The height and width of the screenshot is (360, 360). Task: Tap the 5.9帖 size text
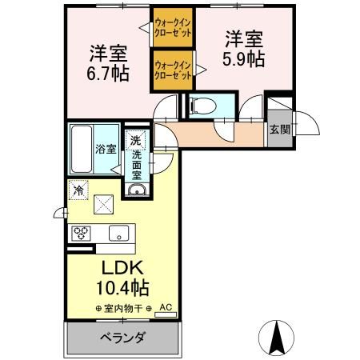coord(245,59)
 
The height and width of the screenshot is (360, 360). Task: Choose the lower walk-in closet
coord(173,69)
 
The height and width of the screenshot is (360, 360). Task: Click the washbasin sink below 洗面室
coord(136,190)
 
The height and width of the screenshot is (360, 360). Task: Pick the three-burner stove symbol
coord(82,233)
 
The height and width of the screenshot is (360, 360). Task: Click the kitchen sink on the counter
coord(119,233)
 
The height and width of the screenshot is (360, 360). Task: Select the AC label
coord(165,306)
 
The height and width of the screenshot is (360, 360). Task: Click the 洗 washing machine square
coord(137,139)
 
